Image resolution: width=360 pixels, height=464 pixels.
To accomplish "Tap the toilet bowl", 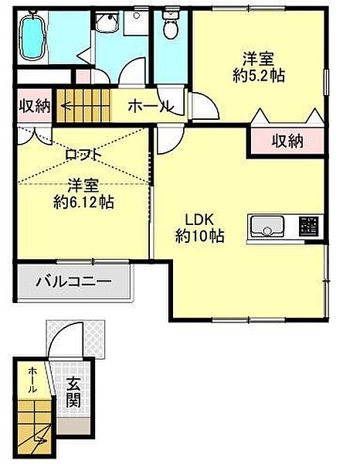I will coord(170,28).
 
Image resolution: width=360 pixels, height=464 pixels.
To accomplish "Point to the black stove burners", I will coord(310,227).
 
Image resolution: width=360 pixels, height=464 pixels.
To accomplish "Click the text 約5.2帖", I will coord(256,76).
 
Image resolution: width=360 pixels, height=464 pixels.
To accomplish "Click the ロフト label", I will coord(83,155).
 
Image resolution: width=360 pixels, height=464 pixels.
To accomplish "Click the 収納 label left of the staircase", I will coord(35,105).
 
